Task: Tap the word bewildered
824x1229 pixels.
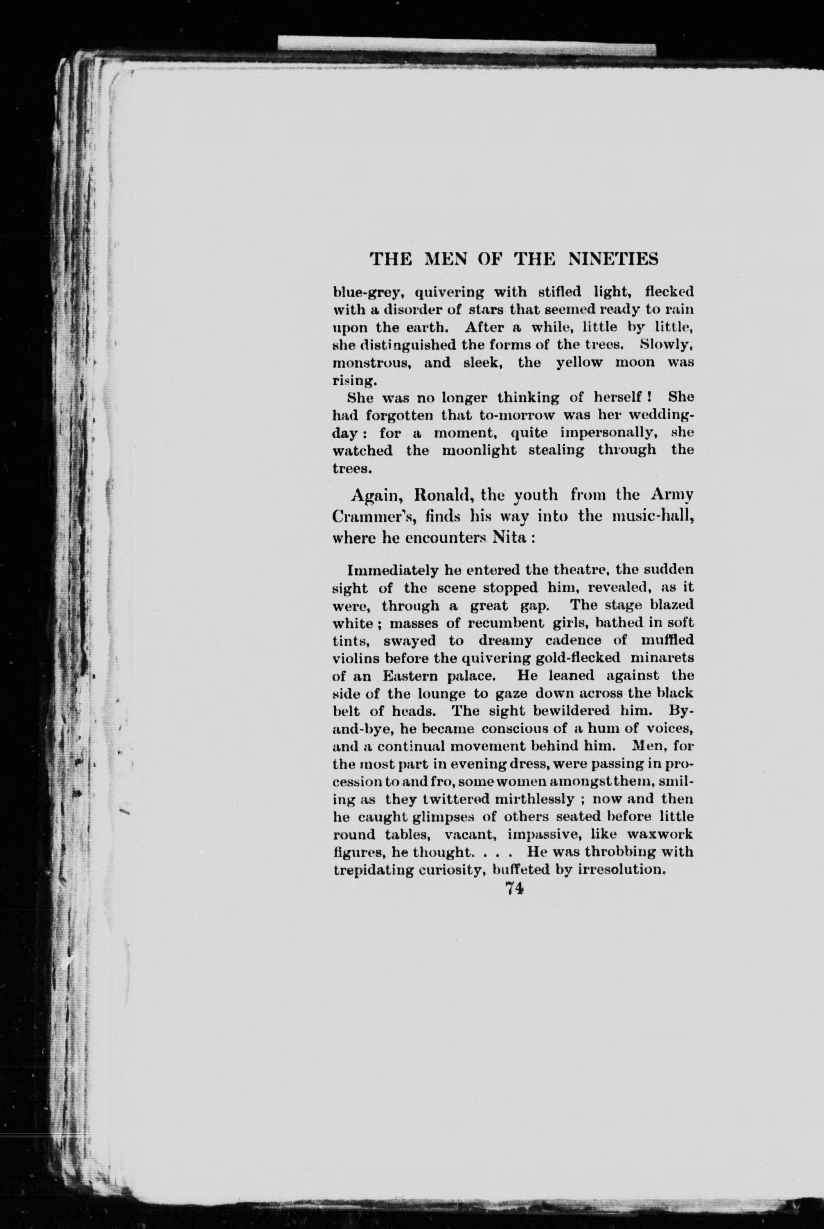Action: coord(555,711)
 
